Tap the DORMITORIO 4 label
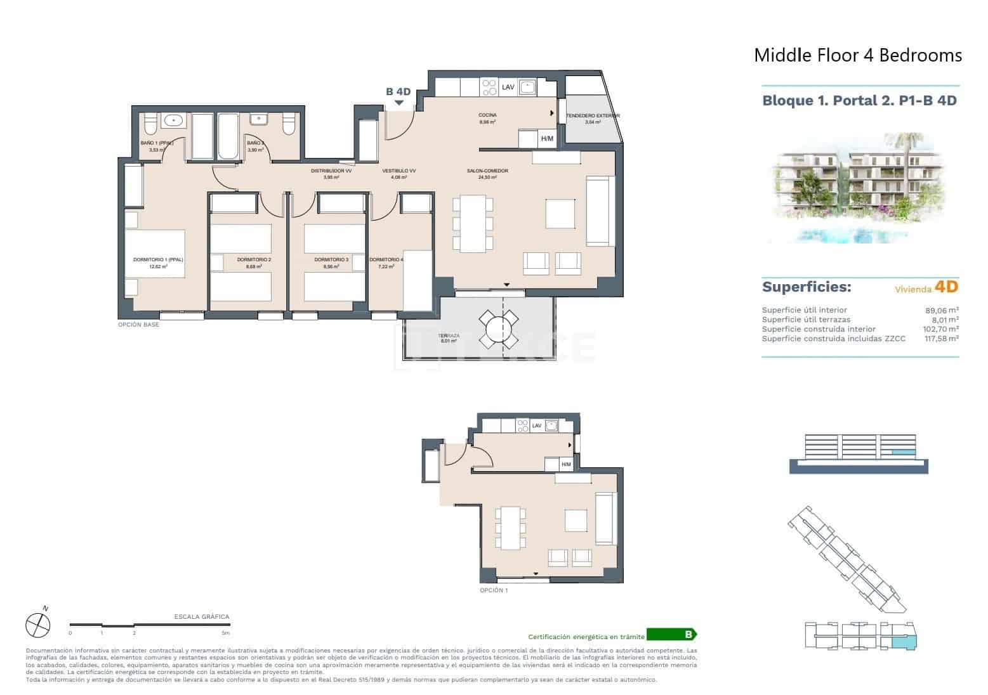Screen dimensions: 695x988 386,260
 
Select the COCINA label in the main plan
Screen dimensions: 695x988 487,115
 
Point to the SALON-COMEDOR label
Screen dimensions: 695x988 487,171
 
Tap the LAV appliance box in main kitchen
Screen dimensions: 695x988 508,87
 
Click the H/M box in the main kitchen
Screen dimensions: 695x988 546,139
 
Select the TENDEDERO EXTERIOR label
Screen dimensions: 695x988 592,116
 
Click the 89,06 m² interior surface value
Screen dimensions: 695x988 942,310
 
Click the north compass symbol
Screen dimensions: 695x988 37,625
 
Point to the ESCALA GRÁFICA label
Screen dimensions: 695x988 201,616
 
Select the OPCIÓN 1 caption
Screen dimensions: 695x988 494,590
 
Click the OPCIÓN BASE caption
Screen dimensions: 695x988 138,325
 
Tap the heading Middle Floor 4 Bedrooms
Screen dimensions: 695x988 857,56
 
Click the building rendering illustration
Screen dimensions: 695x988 860,188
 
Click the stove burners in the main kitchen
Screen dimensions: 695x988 489,87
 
